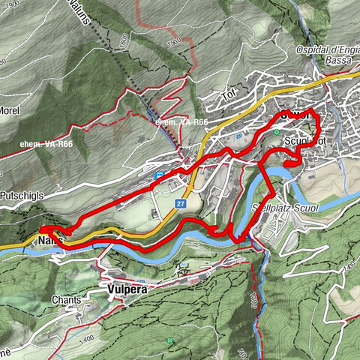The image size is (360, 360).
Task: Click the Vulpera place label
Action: [x=118, y=286]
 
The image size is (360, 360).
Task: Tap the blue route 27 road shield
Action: [x=181, y=203]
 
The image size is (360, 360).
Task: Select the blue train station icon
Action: [x=159, y=175]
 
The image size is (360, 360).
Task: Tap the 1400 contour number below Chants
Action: [x=86, y=319]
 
